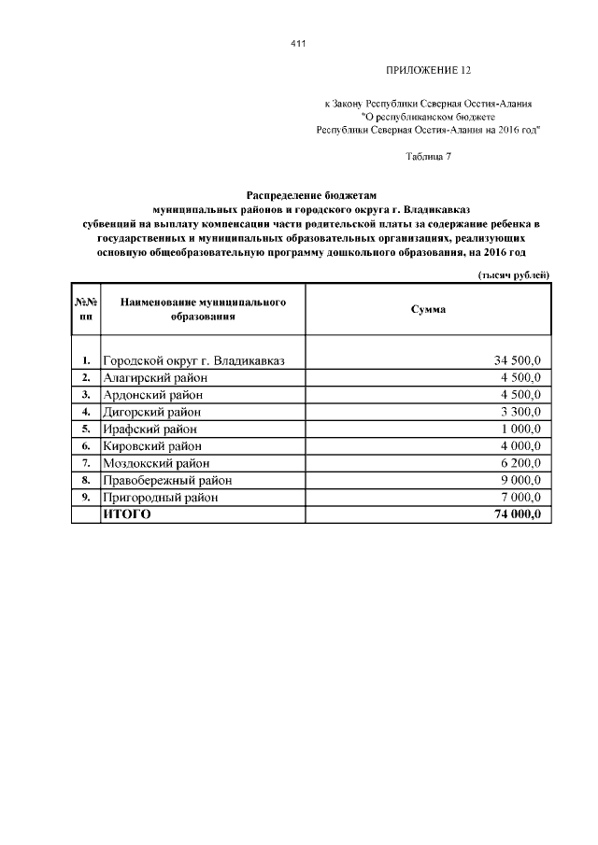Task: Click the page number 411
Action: click(x=298, y=44)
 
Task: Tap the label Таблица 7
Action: click(x=429, y=156)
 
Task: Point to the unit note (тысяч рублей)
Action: click(x=513, y=273)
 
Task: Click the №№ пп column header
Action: click(x=86, y=309)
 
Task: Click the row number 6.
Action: click(x=86, y=445)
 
